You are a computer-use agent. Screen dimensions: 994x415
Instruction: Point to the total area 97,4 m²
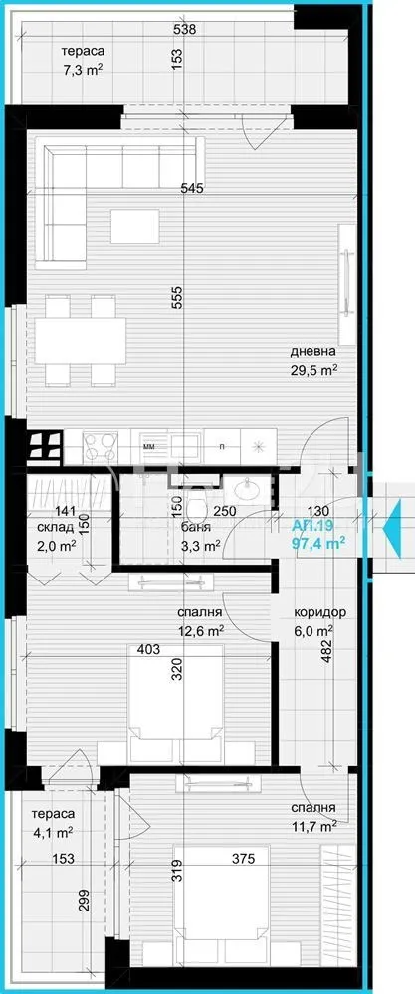318,542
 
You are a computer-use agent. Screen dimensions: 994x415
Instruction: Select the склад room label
55,528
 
